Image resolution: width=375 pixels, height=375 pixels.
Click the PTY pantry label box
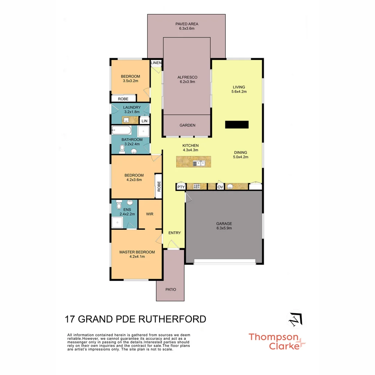[181, 187]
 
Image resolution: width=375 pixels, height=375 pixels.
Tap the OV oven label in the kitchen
[220, 187]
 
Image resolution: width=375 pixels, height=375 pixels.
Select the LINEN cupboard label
[156, 62]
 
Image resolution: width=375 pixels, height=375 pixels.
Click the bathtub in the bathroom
[121, 131]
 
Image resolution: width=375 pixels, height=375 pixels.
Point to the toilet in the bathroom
[122, 149]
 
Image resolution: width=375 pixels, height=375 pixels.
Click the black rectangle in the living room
[237, 125]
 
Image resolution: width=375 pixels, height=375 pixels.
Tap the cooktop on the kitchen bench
[197, 187]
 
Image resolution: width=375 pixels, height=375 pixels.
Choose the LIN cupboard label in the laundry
[144, 121]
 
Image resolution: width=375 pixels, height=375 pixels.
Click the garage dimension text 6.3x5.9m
[224, 228]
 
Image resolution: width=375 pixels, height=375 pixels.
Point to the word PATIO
[170, 289]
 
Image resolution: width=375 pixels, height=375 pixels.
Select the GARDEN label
[187, 125]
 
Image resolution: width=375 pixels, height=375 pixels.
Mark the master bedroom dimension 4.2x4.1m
[137, 257]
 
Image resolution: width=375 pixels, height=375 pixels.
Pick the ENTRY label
[174, 233]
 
